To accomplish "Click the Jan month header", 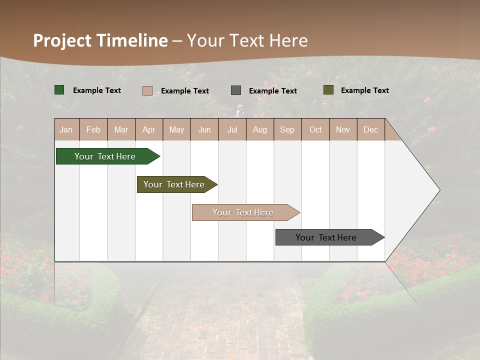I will pos(66,129).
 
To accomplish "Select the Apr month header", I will pos(149,129).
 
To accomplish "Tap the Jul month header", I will pos(232,129).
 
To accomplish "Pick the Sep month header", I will pos(287,129).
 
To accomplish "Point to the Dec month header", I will pos(370,129).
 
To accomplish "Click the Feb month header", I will pos(93,129).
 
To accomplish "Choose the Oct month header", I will pos(315,129).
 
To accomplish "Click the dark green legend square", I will pos(59,90).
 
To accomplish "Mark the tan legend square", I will pos(147,90).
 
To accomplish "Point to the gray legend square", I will pos(236,90).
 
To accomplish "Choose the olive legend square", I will pos(328,90).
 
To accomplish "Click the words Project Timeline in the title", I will pos(100,40).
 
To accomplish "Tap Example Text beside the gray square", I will pos(273,90).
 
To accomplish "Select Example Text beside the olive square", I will pos(365,90).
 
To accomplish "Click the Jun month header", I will pos(204,129).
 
